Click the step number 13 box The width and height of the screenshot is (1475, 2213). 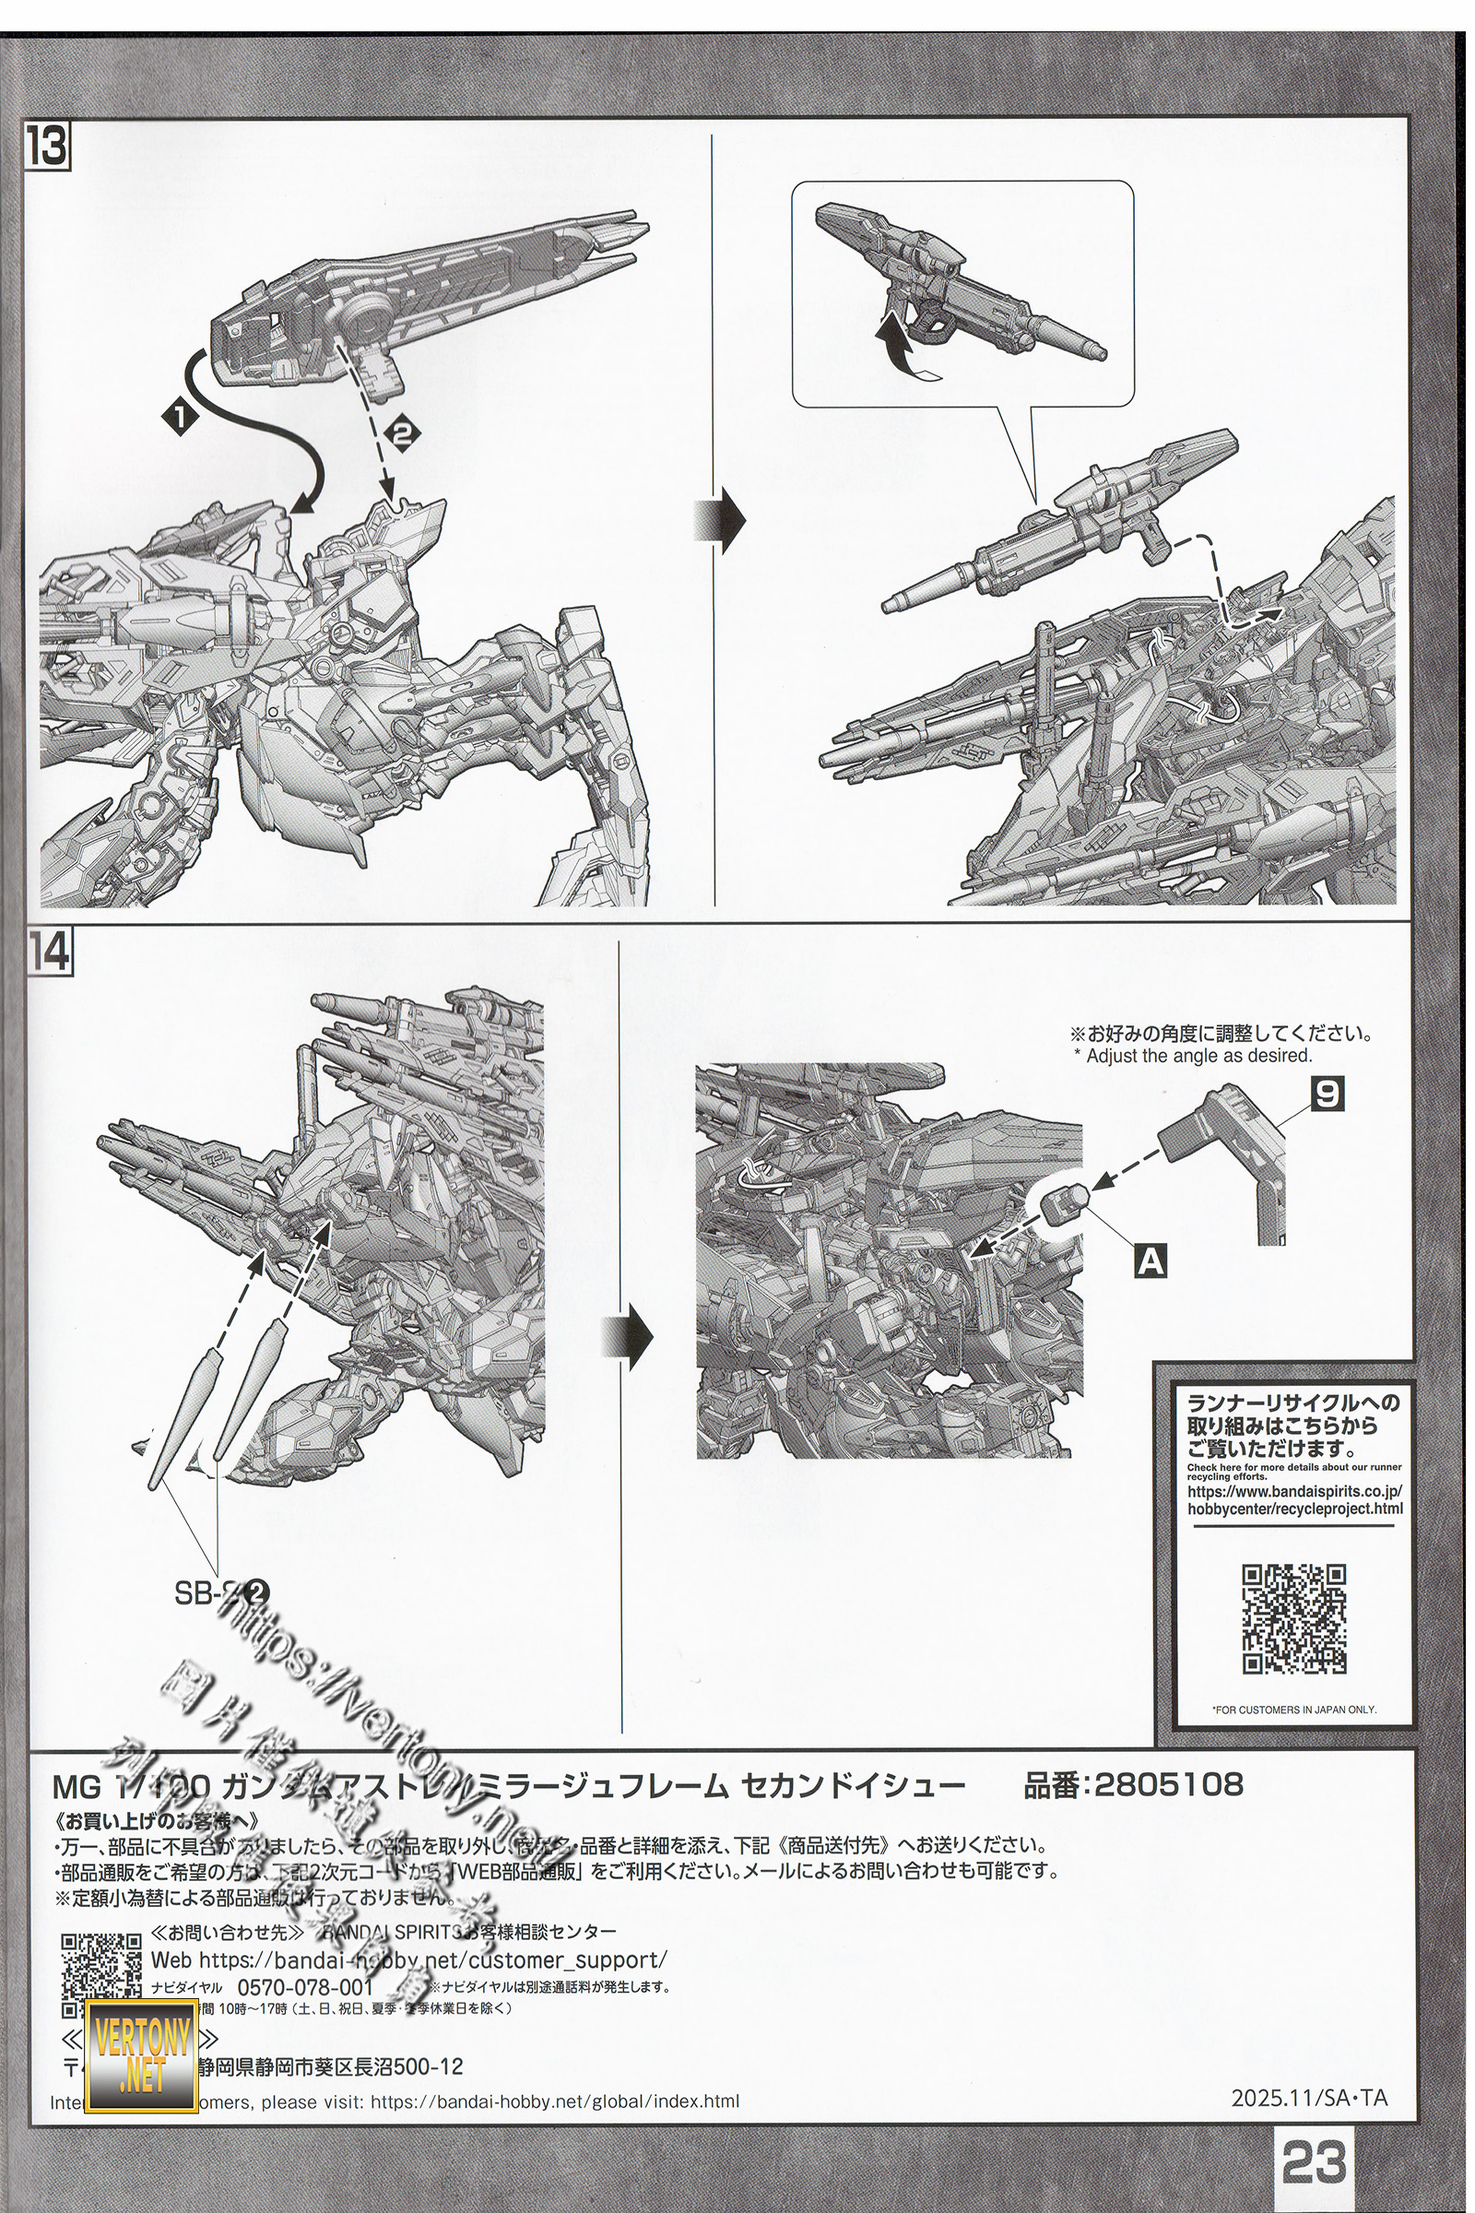click(48, 147)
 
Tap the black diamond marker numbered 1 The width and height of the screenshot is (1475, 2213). click(181, 415)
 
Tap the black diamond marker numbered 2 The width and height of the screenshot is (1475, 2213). click(402, 432)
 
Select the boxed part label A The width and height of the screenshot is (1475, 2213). click(1150, 1261)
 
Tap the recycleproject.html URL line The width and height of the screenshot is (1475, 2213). click(1294, 1509)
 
